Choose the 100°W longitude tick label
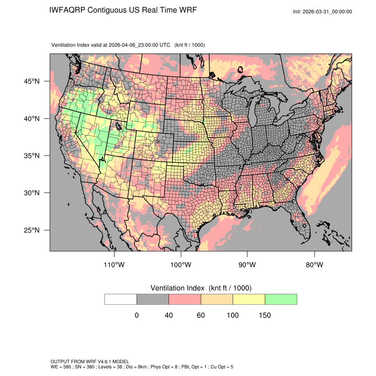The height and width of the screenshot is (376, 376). click(181, 265)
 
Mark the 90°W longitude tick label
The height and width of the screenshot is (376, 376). click(247, 265)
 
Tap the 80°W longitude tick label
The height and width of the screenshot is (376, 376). click(314, 265)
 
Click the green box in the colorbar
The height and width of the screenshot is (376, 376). click(281, 299)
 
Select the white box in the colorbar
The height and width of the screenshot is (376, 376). click(121, 299)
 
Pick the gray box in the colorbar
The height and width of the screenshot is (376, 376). click(153, 299)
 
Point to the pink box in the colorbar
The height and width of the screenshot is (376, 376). click(185, 299)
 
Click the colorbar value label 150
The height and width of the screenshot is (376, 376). click(265, 315)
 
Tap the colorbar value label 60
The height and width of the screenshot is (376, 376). click(201, 315)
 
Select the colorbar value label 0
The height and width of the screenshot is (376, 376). click(137, 315)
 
